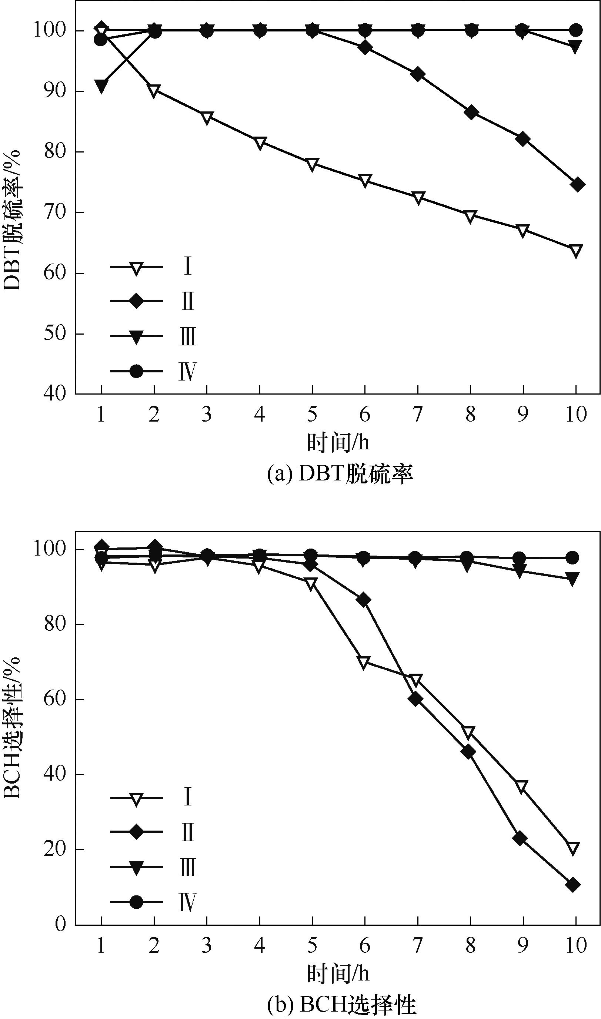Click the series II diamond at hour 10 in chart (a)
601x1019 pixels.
(576, 185)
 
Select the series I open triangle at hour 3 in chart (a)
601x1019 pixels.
(207, 118)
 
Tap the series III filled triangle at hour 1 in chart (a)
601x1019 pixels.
(101, 86)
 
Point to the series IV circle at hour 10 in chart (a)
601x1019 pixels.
(576, 30)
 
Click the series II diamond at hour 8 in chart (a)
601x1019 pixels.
(471, 112)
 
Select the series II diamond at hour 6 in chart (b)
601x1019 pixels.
(364, 600)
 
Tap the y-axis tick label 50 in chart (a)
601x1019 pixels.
(55, 334)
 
